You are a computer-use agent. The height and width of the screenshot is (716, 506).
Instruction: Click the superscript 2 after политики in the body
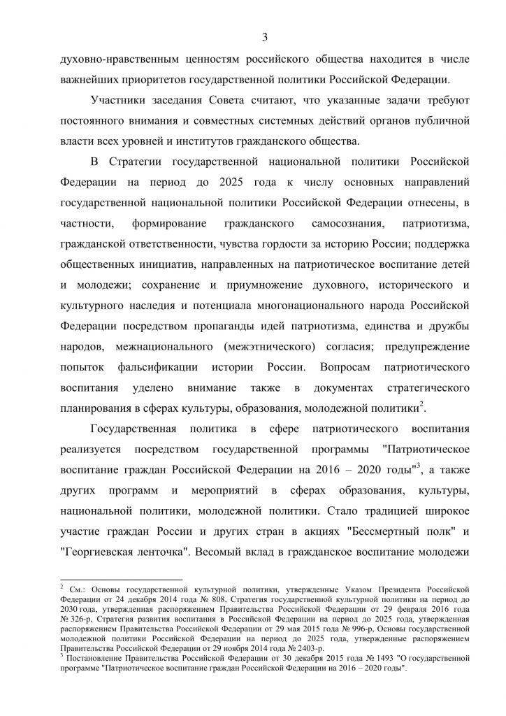point(422,405)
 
